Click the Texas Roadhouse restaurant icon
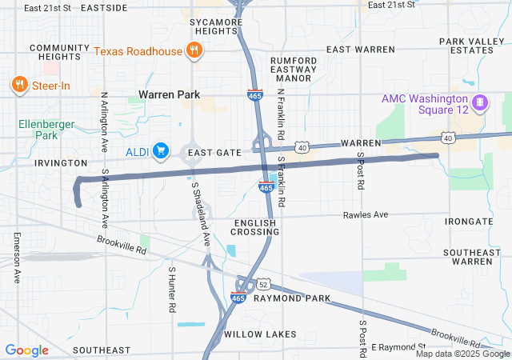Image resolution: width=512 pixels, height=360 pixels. [193, 51]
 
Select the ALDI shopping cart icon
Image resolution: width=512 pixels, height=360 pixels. [161, 150]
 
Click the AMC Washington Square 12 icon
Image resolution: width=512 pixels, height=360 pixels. [480, 102]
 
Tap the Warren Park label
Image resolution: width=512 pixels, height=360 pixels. [169, 94]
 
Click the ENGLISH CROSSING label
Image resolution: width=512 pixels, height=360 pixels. [255, 226]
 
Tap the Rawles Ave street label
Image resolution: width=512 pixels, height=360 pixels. [365, 214]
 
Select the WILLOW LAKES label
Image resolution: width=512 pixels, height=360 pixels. [260, 334]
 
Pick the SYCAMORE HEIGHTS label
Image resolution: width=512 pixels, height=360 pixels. [213, 26]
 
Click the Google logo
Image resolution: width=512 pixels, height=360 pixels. [26, 350]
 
